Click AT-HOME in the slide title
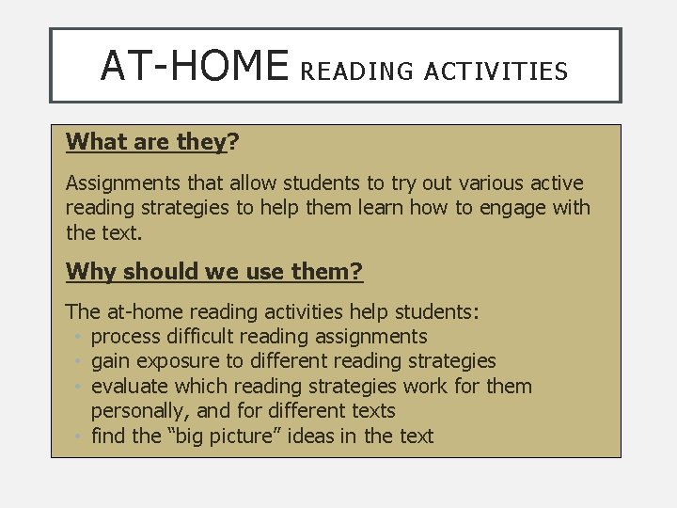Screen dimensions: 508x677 (x=194, y=65)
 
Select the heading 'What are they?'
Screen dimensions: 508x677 (x=152, y=142)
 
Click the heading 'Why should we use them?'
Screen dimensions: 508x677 (x=214, y=272)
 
